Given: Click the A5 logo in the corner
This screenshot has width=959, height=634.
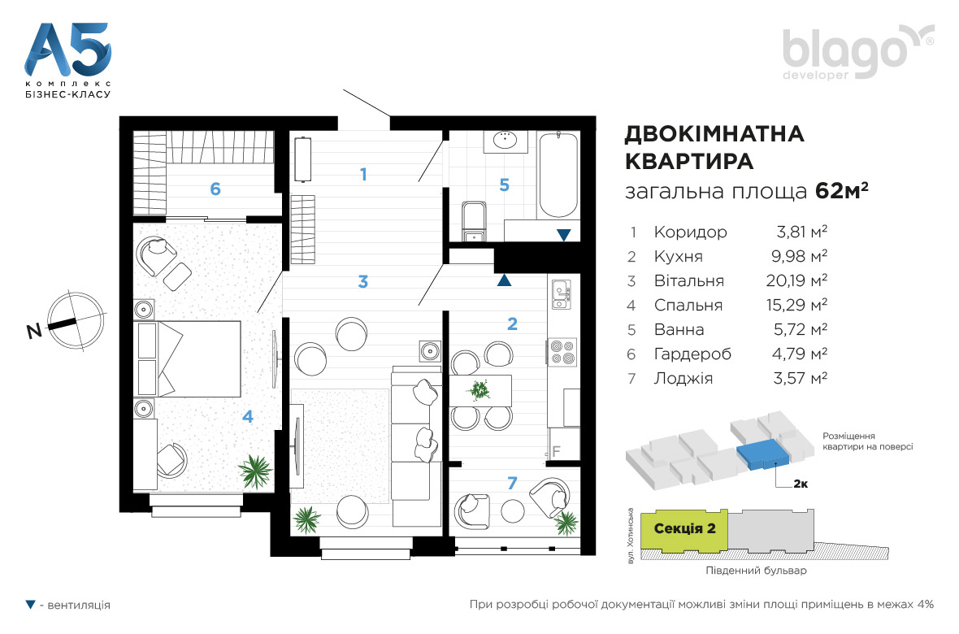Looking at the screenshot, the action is click(68, 60).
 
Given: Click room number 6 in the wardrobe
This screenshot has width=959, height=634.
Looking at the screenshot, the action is click(215, 189).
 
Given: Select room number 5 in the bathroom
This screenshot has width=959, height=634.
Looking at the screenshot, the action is click(504, 185).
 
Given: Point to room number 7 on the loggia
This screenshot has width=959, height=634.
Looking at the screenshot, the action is click(513, 484).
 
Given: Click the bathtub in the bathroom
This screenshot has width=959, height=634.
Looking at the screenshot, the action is click(558, 176).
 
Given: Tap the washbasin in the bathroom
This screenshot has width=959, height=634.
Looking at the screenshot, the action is click(506, 141).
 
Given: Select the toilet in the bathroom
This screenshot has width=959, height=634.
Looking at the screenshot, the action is click(474, 222).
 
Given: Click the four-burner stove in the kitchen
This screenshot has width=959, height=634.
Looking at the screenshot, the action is click(562, 352).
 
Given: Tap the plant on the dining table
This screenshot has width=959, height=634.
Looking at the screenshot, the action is click(479, 389).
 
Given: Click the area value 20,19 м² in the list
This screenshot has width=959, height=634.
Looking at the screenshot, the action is click(796, 280).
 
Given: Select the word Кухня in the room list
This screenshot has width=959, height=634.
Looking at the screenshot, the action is click(679, 256).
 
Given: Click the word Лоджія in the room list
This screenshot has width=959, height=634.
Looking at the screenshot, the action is click(683, 378).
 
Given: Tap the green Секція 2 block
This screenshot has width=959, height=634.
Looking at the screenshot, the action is click(684, 529).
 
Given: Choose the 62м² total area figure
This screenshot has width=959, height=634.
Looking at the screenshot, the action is click(842, 191).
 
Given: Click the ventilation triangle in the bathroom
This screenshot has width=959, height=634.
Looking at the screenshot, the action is click(563, 235).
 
